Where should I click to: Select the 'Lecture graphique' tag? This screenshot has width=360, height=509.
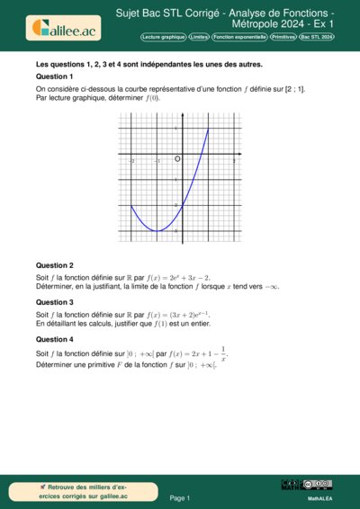point(164,37)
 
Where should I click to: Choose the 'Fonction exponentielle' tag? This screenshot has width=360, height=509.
point(240,37)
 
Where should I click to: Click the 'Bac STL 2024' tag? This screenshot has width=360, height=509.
point(317,37)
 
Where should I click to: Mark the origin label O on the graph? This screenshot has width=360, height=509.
point(177,158)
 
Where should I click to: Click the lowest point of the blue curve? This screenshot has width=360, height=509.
point(157,231)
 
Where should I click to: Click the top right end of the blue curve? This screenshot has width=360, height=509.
point(209,129)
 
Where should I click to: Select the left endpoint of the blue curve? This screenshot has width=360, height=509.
point(131,206)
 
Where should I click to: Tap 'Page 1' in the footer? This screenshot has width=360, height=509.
point(180,497)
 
